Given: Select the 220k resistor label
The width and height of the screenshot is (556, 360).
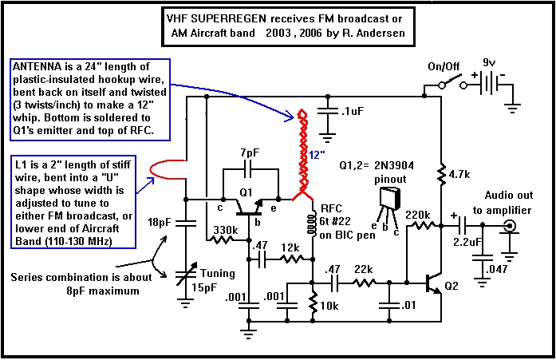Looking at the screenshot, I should point(419,215).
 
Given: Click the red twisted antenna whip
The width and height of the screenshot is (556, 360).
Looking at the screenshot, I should point(303,152).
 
